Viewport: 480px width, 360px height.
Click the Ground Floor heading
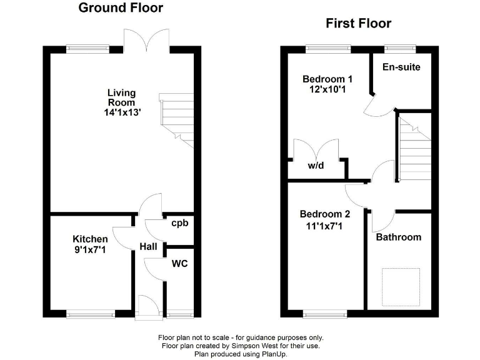tap(121, 8)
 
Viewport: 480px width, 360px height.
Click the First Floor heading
tap(358, 24)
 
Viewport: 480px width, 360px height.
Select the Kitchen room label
tap(90, 239)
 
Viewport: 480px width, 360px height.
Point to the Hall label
tap(148, 247)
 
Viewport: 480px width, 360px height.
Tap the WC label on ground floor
tap(179, 264)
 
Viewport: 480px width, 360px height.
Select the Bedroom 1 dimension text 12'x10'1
tap(327, 90)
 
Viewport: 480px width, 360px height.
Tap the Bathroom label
tap(398, 237)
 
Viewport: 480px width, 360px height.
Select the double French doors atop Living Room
tap(146, 41)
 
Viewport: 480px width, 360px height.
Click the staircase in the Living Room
tap(177, 119)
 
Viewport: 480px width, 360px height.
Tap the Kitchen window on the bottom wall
tap(91, 313)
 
